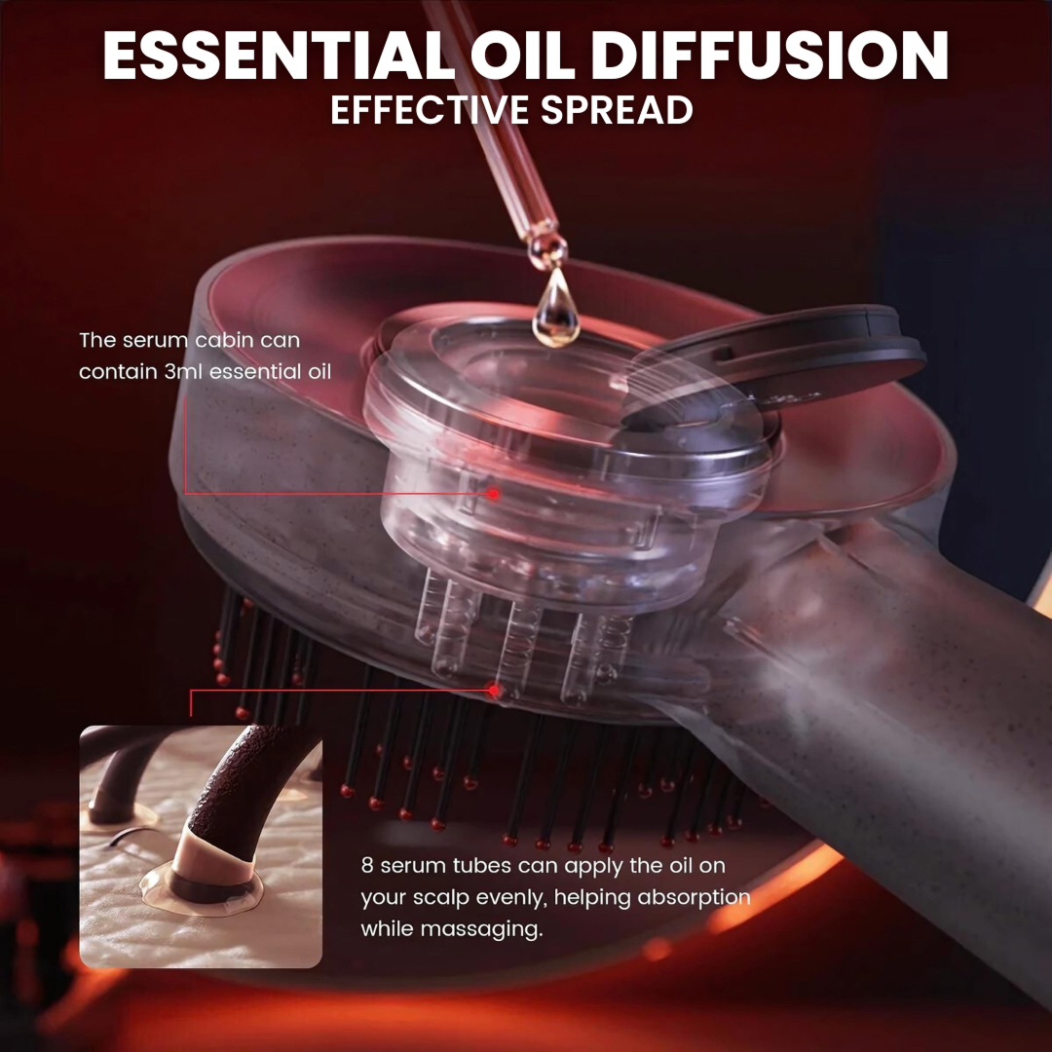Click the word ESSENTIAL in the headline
click(280, 56)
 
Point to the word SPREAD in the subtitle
click(617, 110)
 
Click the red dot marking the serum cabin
click(494, 495)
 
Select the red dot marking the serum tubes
click(494, 690)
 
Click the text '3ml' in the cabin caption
click(182, 372)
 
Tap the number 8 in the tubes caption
click(367, 866)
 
